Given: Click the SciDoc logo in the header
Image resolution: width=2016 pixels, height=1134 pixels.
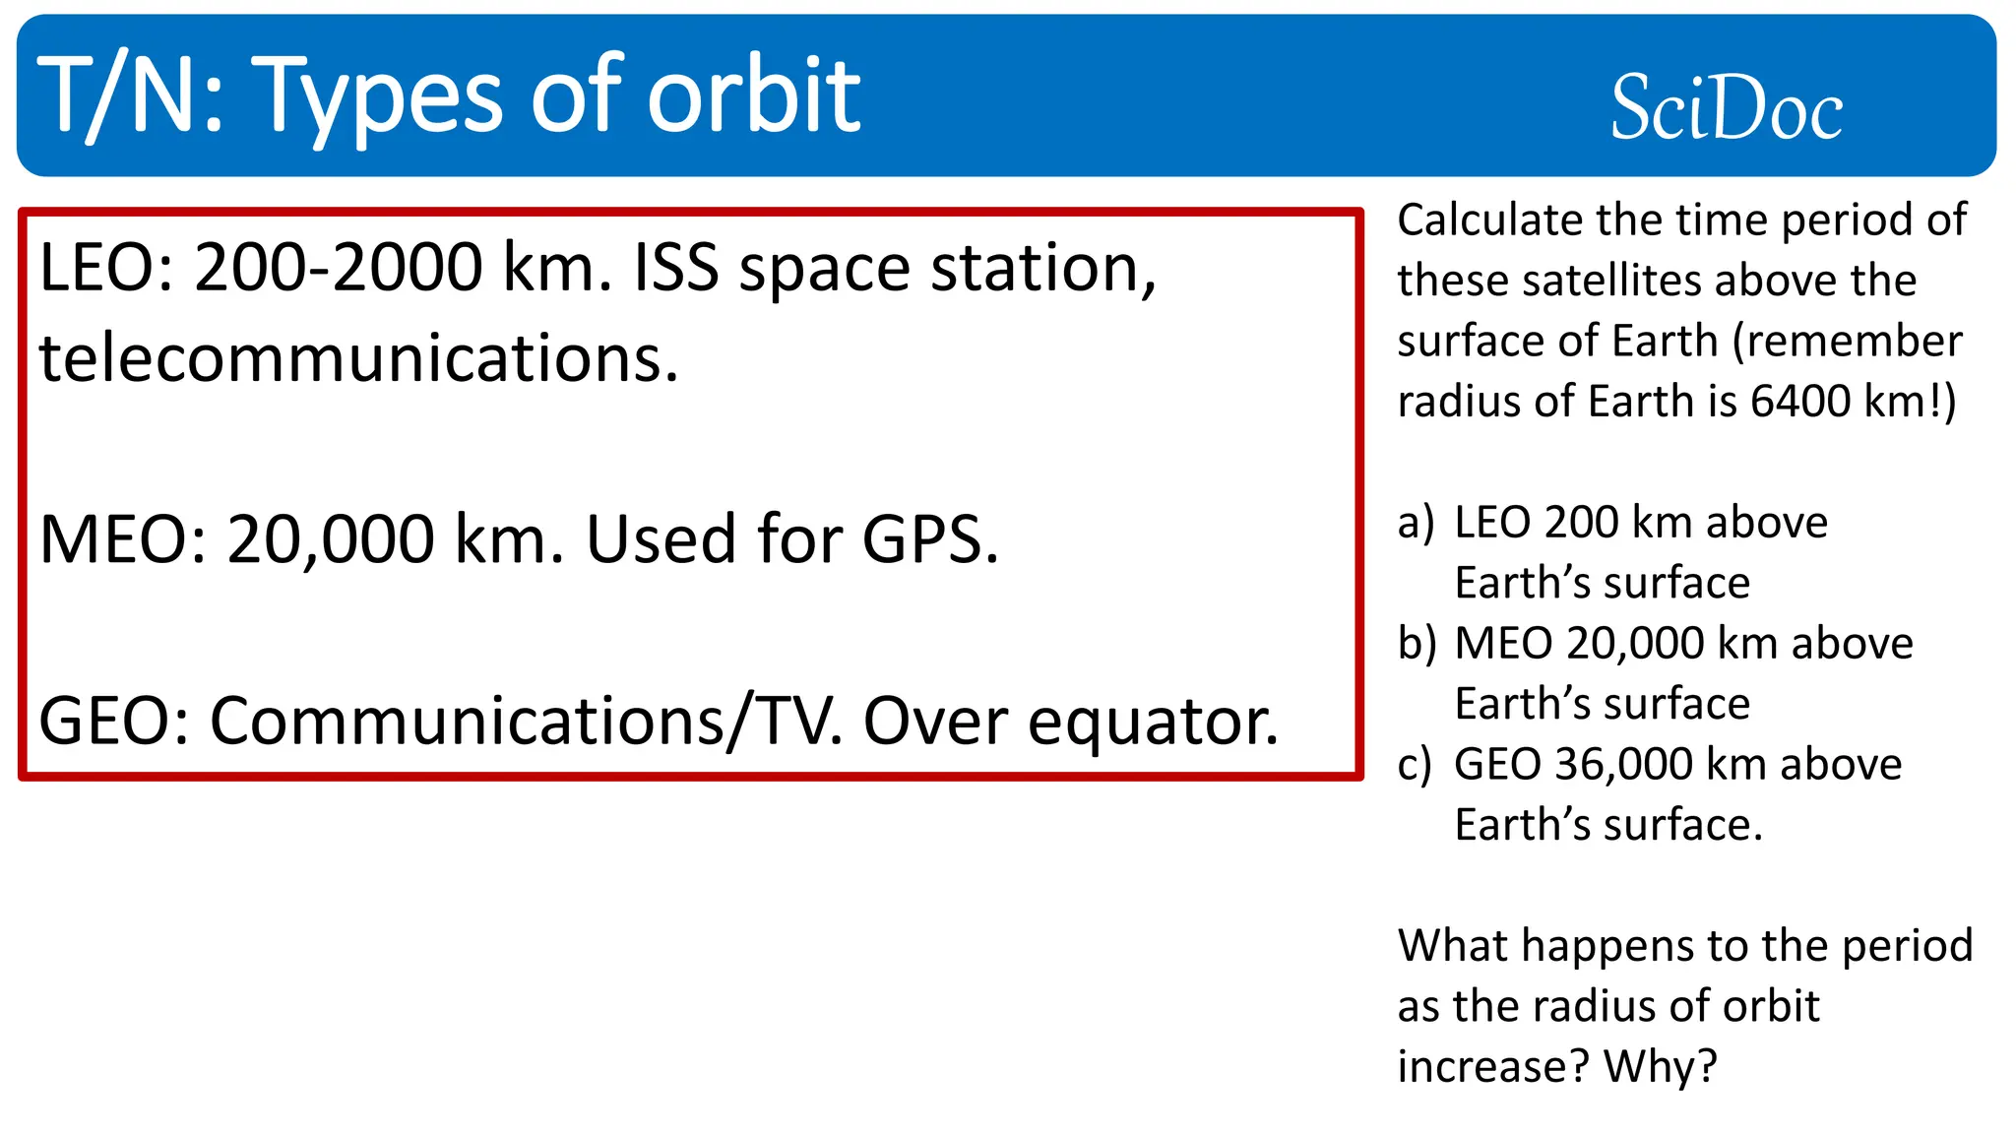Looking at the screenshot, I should tap(1726, 107).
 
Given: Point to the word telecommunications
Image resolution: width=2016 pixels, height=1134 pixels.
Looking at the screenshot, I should tap(358, 357).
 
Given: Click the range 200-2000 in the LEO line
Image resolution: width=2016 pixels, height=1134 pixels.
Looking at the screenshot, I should tap(338, 268).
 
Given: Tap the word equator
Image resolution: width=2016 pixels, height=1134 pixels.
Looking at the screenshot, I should tap(1153, 722).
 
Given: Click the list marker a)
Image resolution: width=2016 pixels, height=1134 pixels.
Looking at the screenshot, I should tap(1416, 523).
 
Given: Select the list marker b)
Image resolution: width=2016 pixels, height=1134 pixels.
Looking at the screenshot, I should tap(1417, 644).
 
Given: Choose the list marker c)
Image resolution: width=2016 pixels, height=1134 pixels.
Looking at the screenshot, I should tap(1415, 765).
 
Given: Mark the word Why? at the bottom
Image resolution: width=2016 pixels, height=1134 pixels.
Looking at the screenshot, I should tap(1660, 1066).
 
